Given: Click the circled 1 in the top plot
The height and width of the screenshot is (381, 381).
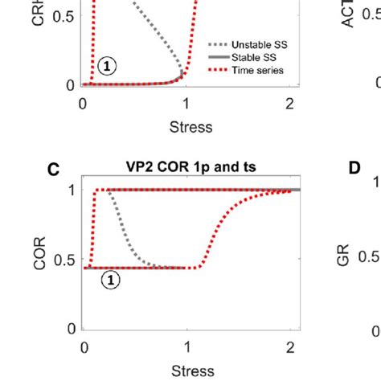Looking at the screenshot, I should click(x=107, y=67).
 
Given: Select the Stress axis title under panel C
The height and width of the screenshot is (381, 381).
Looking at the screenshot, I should click(x=191, y=371).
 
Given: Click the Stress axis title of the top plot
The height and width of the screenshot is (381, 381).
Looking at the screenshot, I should click(x=191, y=126).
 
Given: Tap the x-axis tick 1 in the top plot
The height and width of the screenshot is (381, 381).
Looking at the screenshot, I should click(x=186, y=103).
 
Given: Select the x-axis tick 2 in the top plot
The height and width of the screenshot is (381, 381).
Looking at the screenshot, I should click(x=289, y=103).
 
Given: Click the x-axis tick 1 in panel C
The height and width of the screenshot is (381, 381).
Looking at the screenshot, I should click(x=186, y=347).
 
